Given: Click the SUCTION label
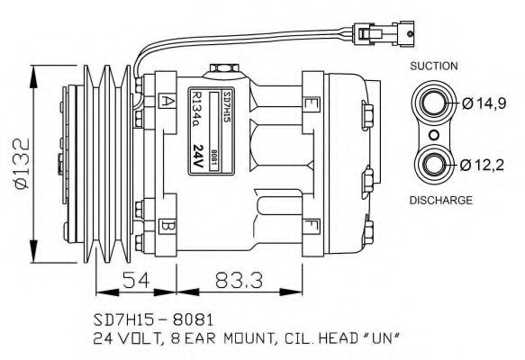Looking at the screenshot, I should coord(434,66).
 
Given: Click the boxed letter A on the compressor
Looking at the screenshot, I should coord(167,101).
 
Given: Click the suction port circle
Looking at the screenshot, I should coord(433,103).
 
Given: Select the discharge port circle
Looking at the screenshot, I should coord(433,164).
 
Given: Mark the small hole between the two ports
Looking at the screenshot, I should coord(433,134).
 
